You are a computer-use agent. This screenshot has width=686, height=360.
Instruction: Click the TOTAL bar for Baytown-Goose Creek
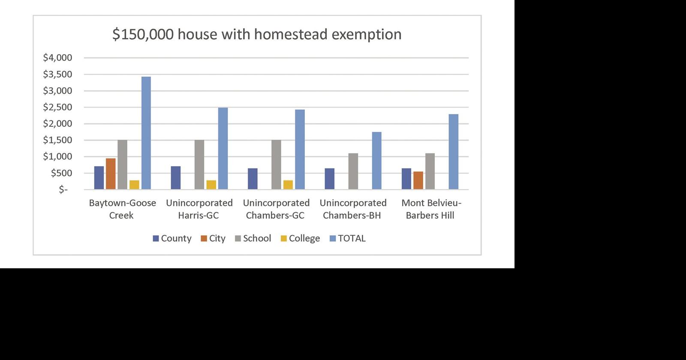146,133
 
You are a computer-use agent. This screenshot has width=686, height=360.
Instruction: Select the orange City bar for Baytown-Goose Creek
111,174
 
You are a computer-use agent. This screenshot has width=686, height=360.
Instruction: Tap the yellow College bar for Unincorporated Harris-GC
211,185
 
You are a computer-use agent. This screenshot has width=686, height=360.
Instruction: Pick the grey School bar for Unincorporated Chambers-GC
276,165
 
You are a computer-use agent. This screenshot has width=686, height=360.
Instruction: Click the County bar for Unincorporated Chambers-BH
329,179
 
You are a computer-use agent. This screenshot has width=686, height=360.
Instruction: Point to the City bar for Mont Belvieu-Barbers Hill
418,180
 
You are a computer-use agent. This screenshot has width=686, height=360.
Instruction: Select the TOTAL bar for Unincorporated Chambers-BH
376,161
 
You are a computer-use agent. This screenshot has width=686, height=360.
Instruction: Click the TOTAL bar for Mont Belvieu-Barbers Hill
454,152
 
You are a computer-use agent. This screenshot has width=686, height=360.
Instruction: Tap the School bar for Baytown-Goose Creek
123,165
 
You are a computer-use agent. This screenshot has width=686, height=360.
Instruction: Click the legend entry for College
300,238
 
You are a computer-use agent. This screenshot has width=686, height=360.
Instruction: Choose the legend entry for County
172,238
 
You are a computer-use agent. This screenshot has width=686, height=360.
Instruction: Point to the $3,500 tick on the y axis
57,74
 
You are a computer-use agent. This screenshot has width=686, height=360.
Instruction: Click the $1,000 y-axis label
57,156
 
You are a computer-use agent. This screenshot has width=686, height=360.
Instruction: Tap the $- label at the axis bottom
63,189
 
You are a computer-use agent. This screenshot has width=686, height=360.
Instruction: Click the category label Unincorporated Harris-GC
199,209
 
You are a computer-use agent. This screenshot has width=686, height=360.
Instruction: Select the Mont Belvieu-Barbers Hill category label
430,209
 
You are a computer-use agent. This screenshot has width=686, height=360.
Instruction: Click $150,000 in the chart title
143,34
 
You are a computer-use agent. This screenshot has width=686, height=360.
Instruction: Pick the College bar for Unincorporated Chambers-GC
288,185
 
